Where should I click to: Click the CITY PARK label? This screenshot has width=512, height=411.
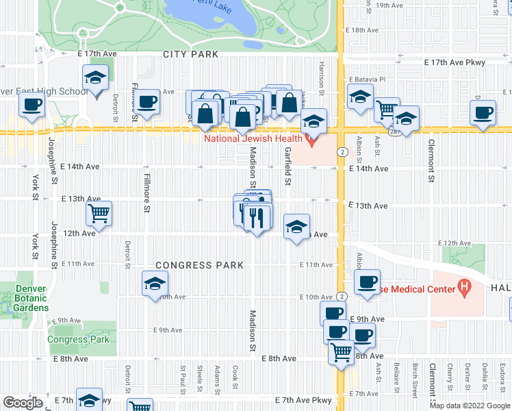click(190, 54)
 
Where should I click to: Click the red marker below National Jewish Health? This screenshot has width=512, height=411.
click(312, 140)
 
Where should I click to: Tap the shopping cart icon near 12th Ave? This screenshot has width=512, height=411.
click(99, 213)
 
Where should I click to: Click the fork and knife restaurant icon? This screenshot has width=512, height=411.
click(257, 217)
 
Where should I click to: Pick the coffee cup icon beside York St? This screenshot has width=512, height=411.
click(31, 105)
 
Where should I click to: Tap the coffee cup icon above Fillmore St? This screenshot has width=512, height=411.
click(146, 102)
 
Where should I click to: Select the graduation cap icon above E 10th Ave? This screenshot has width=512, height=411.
click(155, 283)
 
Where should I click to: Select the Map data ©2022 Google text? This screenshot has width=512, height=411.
click(470, 405)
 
